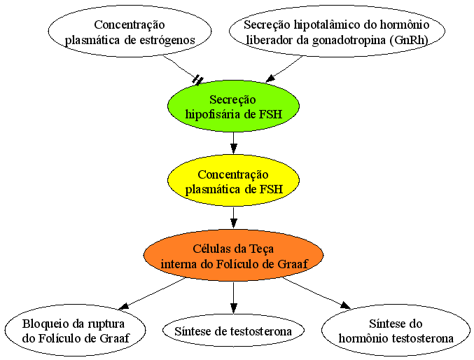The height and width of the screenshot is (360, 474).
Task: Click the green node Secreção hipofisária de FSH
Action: pos(233,106)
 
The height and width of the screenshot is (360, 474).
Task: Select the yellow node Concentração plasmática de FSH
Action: pos(233,181)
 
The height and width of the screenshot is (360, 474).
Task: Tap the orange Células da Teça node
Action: pos(233,256)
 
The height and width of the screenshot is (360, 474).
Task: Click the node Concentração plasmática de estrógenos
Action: pos(130,32)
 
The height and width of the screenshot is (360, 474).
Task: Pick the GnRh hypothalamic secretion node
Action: pos(337,32)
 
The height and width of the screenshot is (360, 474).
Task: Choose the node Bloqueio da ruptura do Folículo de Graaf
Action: pos(76,331)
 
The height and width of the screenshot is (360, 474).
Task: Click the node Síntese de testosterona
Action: pos(233,331)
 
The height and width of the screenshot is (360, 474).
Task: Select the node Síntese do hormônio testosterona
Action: pos(396,331)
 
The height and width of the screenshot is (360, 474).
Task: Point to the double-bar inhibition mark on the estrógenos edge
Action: pos(197,80)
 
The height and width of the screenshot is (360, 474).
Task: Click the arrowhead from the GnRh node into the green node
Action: pos(270,78)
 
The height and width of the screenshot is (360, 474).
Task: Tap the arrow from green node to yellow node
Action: pos(233,143)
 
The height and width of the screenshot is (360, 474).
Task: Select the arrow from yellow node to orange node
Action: pos(233,218)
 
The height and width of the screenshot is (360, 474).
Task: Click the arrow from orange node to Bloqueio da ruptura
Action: pos(152,293)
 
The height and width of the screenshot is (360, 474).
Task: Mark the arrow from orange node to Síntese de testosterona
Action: pos(233,298)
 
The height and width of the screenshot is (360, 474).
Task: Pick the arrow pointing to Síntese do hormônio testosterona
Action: pos(316,293)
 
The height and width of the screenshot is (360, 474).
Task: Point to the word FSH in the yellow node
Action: pos(271,189)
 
